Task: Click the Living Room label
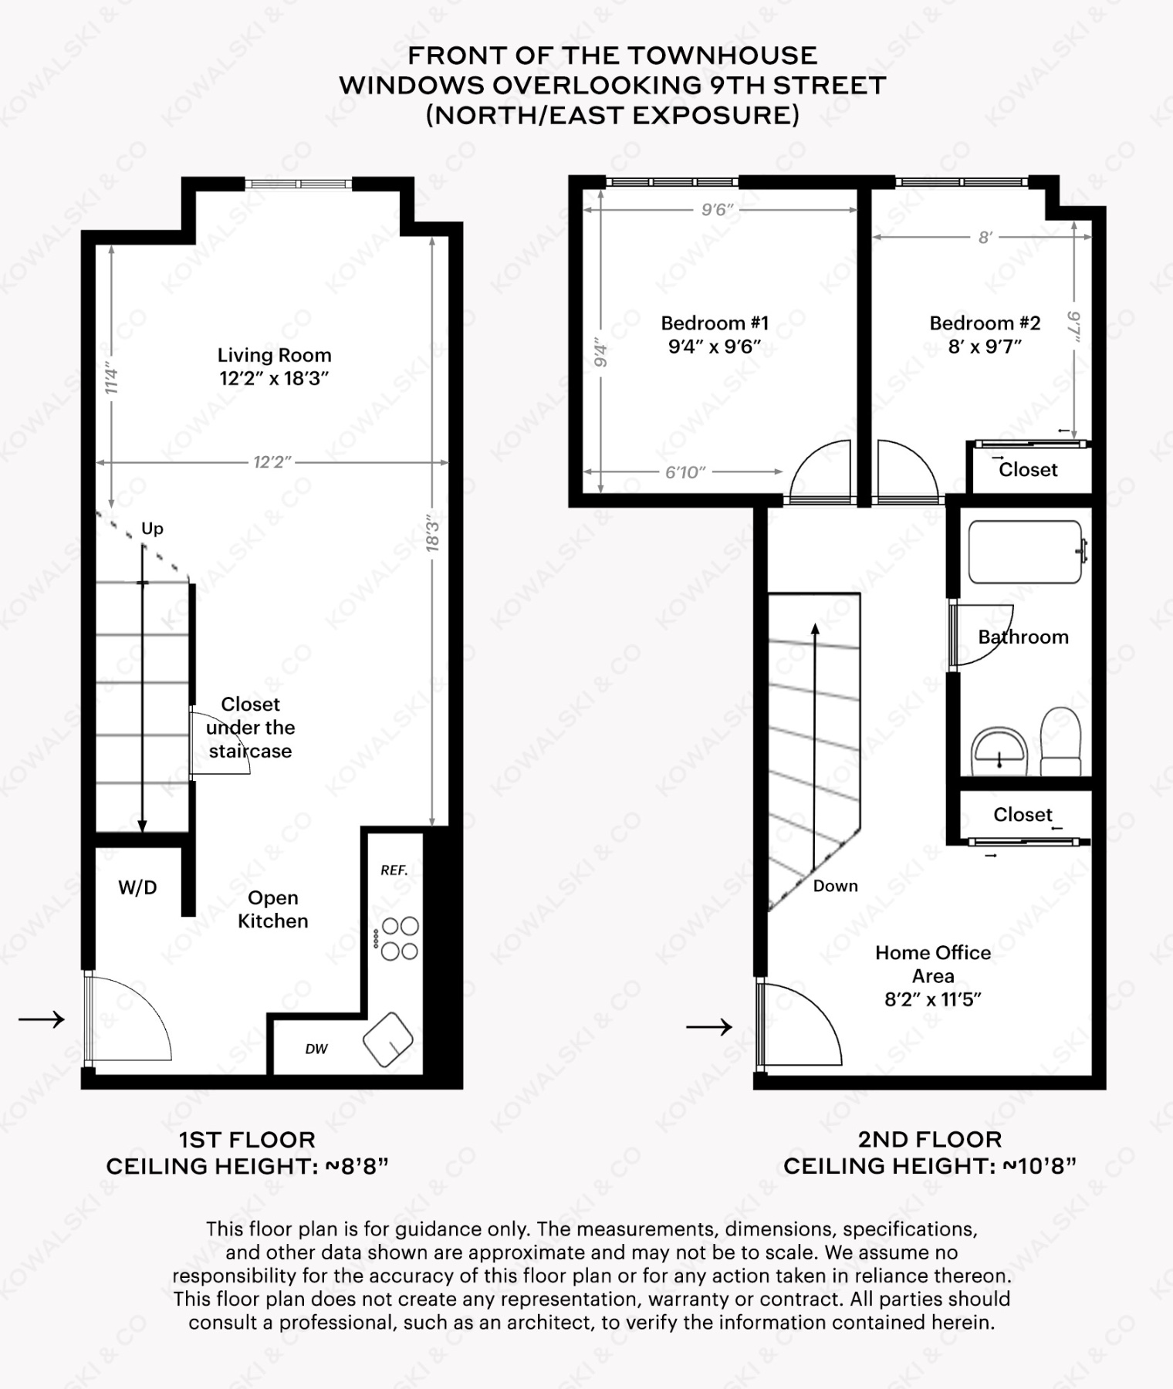coord(274,366)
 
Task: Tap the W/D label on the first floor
coord(137,887)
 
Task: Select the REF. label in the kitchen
coord(394,870)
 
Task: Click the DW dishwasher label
coord(316,1049)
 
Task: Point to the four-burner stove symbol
coord(400,938)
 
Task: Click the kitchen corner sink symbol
coord(389,1039)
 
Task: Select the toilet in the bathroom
coord(1060,741)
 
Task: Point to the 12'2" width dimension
coord(272,462)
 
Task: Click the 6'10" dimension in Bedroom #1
coord(685,472)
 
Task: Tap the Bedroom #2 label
coord(985,334)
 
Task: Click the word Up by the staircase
coord(152,529)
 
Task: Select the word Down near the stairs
coord(835,886)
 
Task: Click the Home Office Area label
coord(932,975)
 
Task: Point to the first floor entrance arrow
coord(42,1019)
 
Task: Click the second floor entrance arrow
coord(709,1026)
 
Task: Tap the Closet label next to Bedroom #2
coord(1028,470)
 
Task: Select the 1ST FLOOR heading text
coord(247,1140)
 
